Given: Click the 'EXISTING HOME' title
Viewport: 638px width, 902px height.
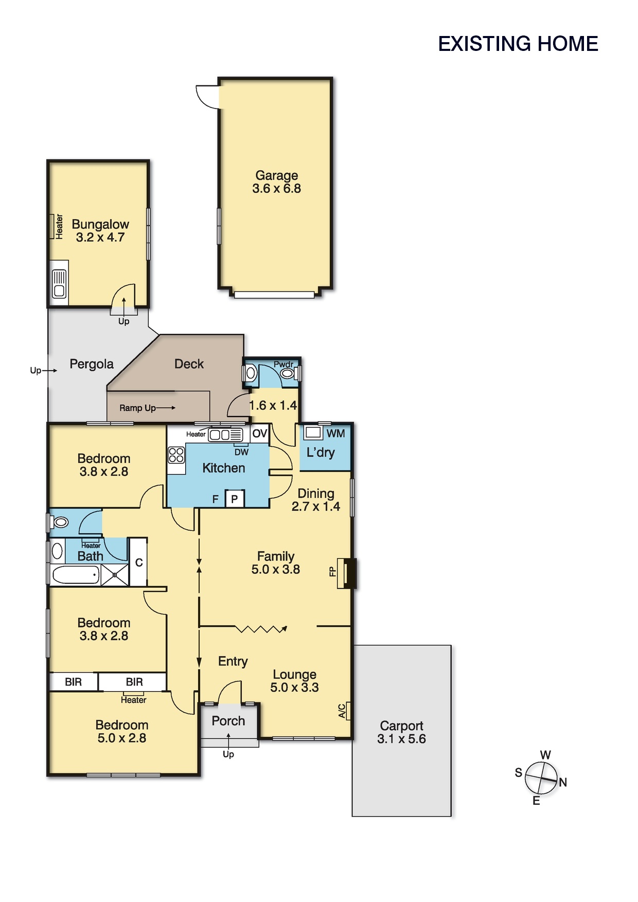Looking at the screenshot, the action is tap(518, 44).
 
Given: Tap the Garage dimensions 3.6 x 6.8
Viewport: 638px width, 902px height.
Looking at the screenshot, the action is tap(277, 189).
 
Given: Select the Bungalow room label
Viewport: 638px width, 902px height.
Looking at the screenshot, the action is tap(100, 224).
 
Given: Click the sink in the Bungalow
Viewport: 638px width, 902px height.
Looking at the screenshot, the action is tap(59, 284).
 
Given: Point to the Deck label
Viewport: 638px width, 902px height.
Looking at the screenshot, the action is tap(189, 364).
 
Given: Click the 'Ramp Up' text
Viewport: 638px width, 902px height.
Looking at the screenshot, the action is tap(137, 408).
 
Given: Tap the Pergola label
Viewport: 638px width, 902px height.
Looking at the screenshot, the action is tap(92, 364).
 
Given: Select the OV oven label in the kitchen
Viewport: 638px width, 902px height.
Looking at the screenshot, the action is tap(260, 434).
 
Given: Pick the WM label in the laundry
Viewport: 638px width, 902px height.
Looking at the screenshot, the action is tap(335, 434).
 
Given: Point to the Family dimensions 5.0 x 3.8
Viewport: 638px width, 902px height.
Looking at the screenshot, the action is tap(276, 569).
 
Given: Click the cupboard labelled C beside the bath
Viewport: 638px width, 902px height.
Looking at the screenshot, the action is tap(138, 562).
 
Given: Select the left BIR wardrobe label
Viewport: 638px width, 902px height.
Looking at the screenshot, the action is tap(73, 682).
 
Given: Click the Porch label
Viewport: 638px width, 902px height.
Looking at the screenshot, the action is tap(228, 721).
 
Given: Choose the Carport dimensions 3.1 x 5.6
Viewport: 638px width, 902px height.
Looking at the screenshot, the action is tap(401, 739).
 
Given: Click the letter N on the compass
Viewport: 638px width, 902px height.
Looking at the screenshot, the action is tap(563, 782).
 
